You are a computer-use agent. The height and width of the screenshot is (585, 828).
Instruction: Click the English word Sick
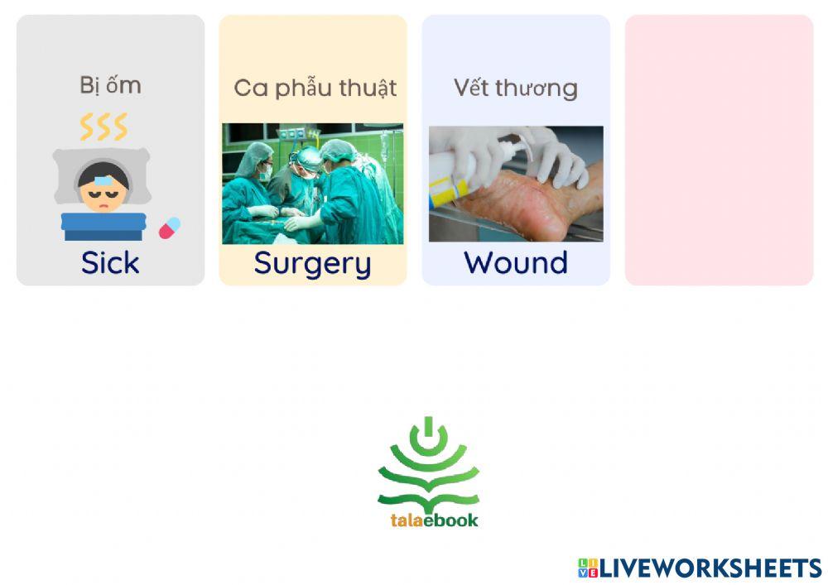[110, 262]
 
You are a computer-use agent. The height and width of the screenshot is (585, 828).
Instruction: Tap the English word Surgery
[312, 263]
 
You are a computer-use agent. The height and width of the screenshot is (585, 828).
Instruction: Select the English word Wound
[515, 262]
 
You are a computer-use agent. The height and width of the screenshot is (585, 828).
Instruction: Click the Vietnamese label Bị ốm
[110, 85]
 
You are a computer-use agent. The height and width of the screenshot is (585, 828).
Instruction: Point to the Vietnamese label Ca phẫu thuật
[315, 88]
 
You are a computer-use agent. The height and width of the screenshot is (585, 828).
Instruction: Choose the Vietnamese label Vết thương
[515, 88]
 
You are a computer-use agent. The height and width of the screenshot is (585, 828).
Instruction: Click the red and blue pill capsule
[170, 228]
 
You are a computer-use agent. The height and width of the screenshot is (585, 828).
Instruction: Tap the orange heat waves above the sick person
[103, 127]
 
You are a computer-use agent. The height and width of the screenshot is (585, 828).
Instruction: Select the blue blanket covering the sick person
[103, 226]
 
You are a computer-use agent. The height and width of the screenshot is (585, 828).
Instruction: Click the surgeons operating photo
[312, 184]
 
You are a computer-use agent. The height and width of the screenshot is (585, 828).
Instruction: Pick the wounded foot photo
[516, 184]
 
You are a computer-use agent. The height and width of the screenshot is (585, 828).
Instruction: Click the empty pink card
[719, 150]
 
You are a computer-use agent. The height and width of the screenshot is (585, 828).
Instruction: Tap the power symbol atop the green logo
[428, 434]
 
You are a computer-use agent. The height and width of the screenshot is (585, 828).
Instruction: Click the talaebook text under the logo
[434, 520]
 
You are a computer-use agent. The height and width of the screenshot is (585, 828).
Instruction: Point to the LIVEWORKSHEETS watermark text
[710, 568]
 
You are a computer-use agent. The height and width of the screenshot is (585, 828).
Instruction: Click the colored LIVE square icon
[588, 568]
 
